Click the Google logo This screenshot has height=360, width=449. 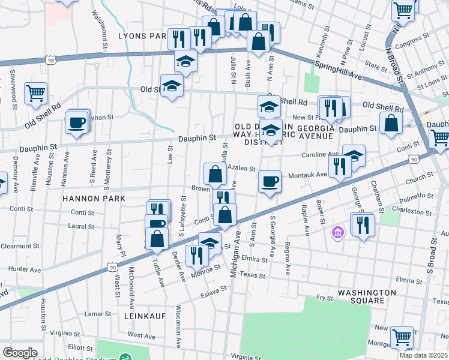pyautogui.click(x=20, y=353)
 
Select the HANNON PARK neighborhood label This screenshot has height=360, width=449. pyautogui.click(x=94, y=198)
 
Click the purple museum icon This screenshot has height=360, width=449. pyautogui.click(x=338, y=232)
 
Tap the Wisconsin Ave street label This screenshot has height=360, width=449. pyautogui.click(x=178, y=324)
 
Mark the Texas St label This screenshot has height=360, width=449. pyautogui.click(x=252, y=274)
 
